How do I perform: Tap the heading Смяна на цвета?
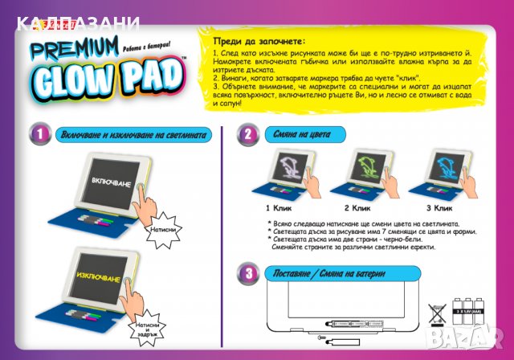303,134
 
